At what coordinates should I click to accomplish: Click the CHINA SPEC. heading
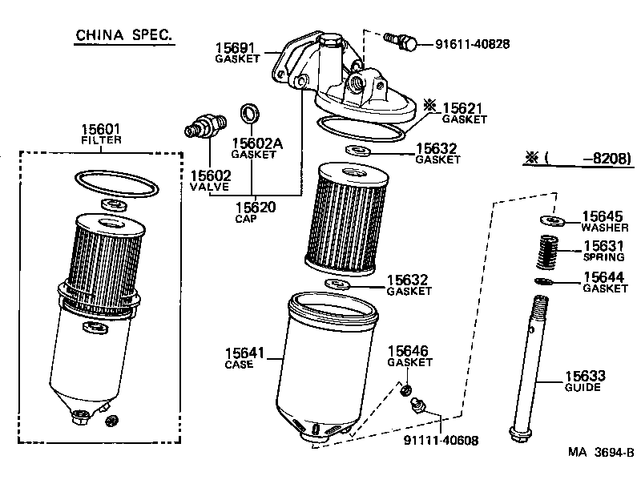click(123, 35)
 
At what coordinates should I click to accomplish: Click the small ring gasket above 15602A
click(251, 111)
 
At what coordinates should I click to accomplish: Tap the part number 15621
click(465, 107)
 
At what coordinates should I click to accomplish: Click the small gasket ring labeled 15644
click(545, 281)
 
